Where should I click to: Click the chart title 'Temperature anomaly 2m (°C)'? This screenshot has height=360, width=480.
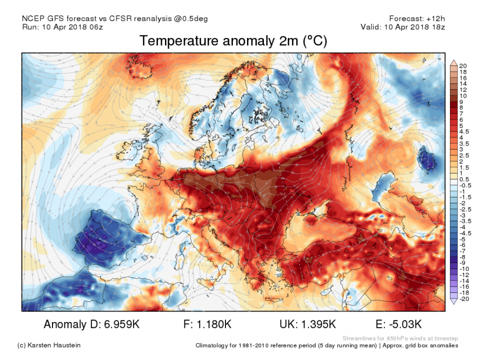click(x=233, y=41)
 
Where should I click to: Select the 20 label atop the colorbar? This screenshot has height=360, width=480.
click(x=462, y=66)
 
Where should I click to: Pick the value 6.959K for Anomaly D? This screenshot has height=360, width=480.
click(x=119, y=324)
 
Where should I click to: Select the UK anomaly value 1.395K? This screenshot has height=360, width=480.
click(x=317, y=324)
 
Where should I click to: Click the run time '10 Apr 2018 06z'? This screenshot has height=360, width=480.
click(x=74, y=27)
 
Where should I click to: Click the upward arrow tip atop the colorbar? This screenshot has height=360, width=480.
click(x=453, y=60)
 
